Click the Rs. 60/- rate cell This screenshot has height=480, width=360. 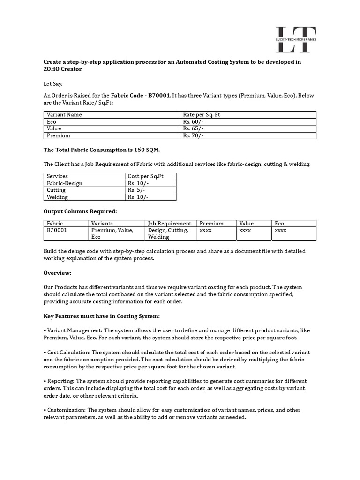[194, 122]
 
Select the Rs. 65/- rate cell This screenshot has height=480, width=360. [194, 128]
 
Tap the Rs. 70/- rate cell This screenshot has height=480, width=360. [194, 135]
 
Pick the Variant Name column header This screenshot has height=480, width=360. [64, 115]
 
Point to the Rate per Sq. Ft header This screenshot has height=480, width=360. [202, 115]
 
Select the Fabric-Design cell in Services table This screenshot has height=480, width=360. [65, 183]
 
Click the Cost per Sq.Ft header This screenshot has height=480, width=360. [145, 176]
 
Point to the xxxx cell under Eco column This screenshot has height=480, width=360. [280, 231]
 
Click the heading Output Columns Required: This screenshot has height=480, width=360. [80, 211]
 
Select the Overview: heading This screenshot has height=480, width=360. [58, 273]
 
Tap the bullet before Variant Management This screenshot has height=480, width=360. [45, 330]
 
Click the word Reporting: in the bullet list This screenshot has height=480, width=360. [60, 381]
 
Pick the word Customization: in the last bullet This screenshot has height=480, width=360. [67, 410]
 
